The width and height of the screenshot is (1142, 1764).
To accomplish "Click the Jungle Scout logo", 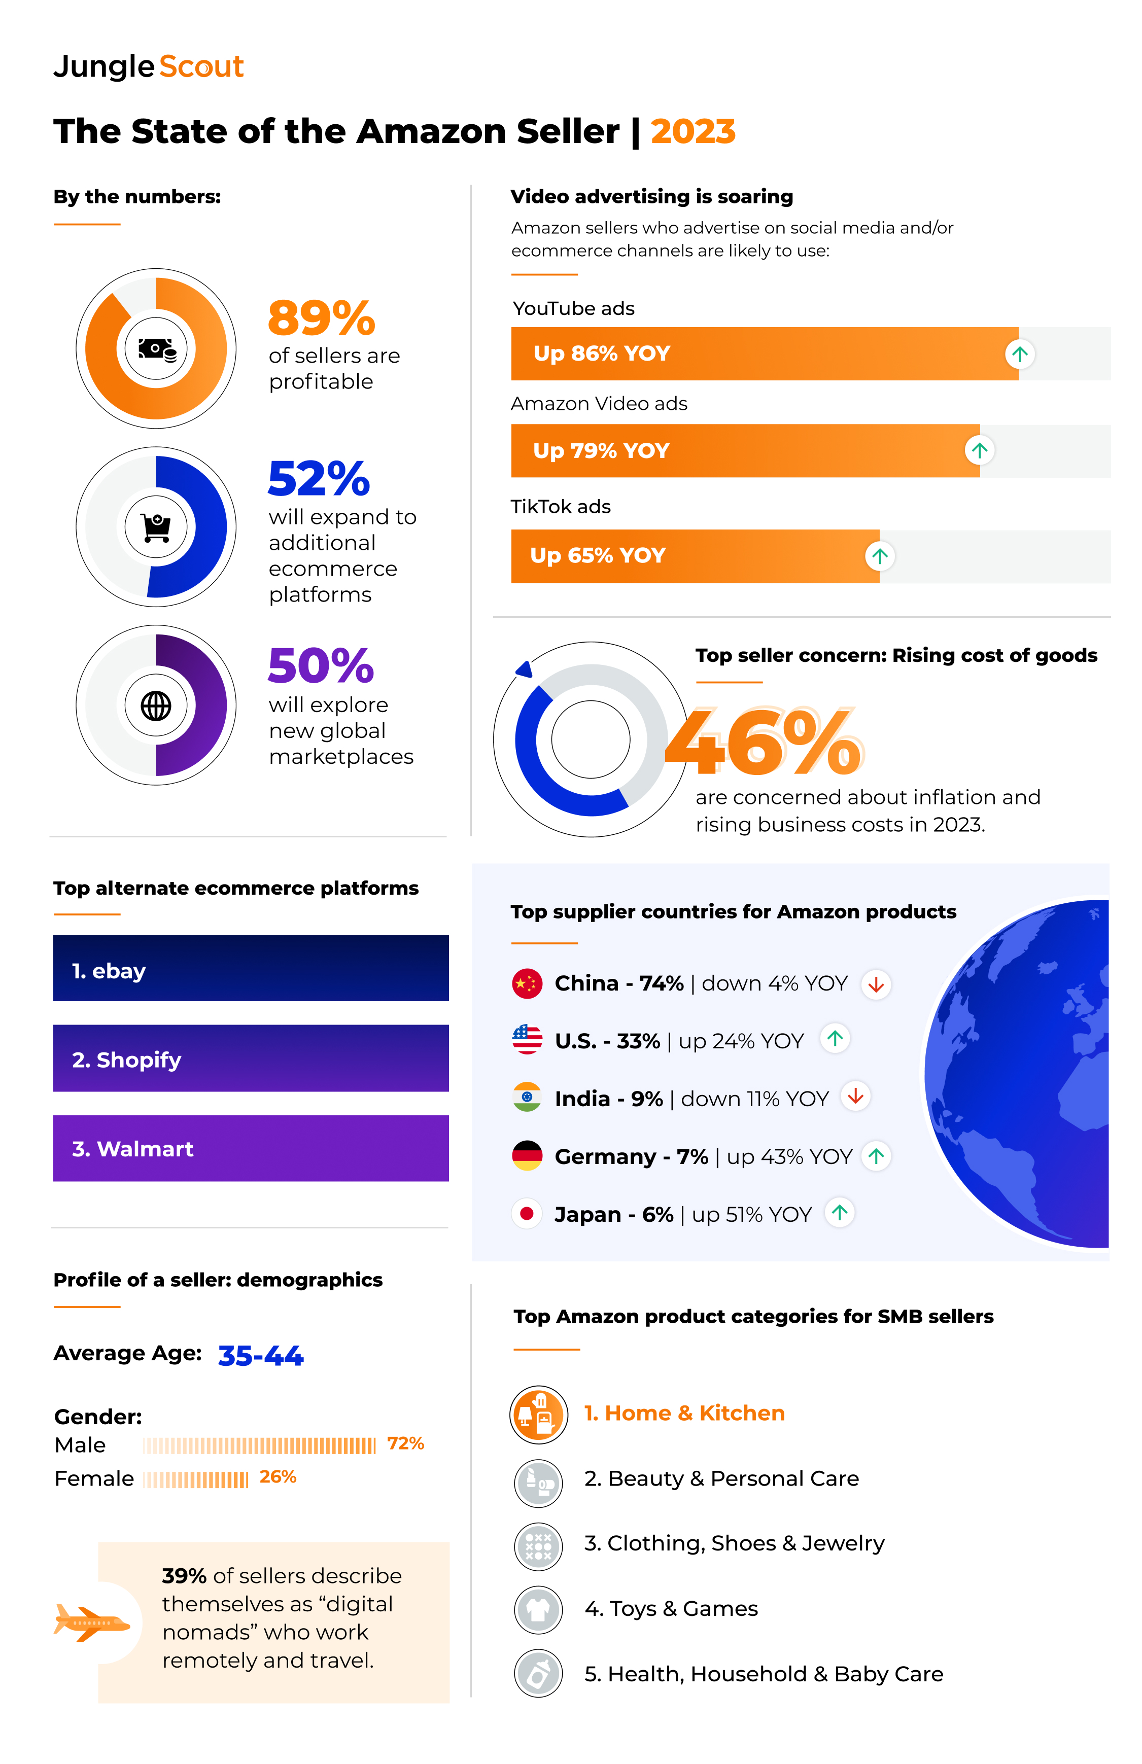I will point(148,67).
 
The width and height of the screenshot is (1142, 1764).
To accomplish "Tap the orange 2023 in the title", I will point(693,132).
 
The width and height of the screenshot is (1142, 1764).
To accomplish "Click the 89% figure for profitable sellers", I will point(321,318).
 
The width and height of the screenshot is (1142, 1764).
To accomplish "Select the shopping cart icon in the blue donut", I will point(156,527).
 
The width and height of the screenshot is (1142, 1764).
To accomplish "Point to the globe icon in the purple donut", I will point(156,705).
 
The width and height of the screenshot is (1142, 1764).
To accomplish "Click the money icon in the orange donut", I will point(156,348).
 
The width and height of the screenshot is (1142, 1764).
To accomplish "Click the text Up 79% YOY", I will point(601,450).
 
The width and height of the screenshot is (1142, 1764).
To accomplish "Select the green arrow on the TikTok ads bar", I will point(880,556).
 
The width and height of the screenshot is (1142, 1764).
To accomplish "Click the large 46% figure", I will point(764,741).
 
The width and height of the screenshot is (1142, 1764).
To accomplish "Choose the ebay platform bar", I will point(251,968).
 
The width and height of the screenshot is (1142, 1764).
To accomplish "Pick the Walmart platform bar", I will point(251,1148).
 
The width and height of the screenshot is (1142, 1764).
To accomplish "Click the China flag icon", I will point(527,983).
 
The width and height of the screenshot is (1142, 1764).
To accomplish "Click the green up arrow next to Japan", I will point(840,1213).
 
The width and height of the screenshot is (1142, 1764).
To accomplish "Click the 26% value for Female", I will point(278,1476).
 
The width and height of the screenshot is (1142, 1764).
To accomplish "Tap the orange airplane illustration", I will point(91,1623).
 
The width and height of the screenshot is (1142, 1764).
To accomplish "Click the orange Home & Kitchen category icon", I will point(539,1414).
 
